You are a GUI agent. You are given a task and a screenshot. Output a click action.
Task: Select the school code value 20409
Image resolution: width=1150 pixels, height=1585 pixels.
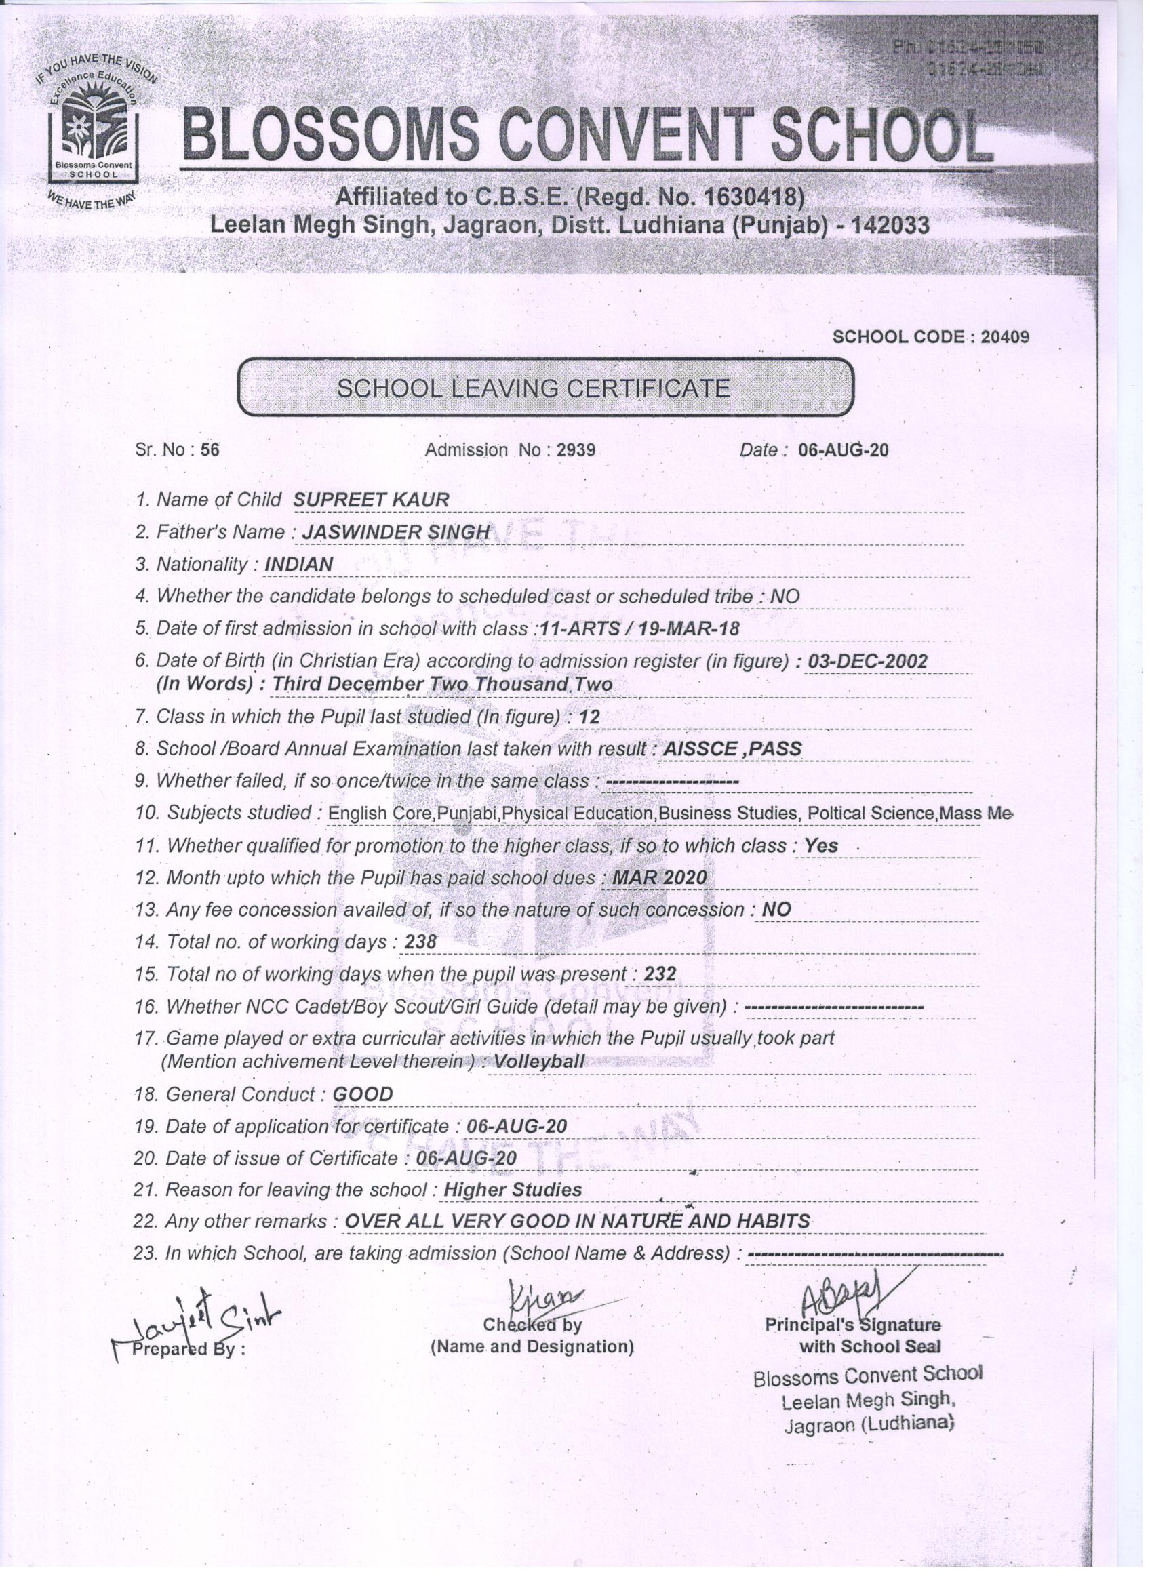click(x=1005, y=337)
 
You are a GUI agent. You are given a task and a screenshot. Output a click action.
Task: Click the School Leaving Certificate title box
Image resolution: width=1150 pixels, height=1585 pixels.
click(x=545, y=387)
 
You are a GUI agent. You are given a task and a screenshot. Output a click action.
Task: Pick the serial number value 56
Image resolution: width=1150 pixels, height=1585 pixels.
click(x=210, y=450)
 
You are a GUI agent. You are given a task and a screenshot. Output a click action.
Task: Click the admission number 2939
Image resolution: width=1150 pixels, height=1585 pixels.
click(x=576, y=450)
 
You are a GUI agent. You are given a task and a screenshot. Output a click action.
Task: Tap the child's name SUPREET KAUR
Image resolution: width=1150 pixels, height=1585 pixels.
click(x=370, y=500)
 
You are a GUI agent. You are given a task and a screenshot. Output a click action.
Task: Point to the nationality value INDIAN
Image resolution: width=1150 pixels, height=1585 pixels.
click(x=299, y=564)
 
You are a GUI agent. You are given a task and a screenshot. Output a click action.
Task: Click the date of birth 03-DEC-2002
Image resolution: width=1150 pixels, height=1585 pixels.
click(x=867, y=661)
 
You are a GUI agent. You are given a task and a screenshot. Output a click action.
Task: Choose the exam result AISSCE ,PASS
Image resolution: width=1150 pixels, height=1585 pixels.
click(x=731, y=748)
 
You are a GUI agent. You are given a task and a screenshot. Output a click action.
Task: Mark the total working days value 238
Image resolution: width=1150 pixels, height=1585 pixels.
click(x=420, y=943)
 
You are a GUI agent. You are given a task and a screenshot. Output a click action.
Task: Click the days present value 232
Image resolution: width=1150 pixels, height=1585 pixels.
click(x=659, y=974)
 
